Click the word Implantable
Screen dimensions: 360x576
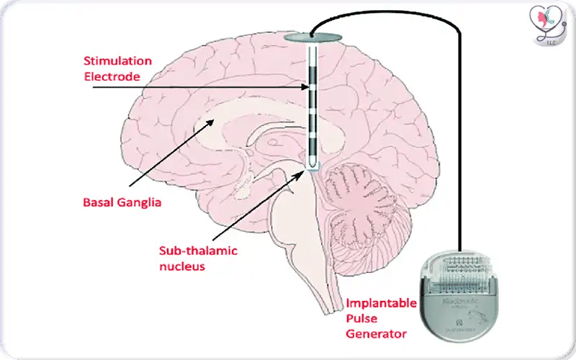coord(382,303)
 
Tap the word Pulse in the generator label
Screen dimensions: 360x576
coord(362,318)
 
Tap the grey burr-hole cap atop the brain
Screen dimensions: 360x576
coord(310,37)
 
